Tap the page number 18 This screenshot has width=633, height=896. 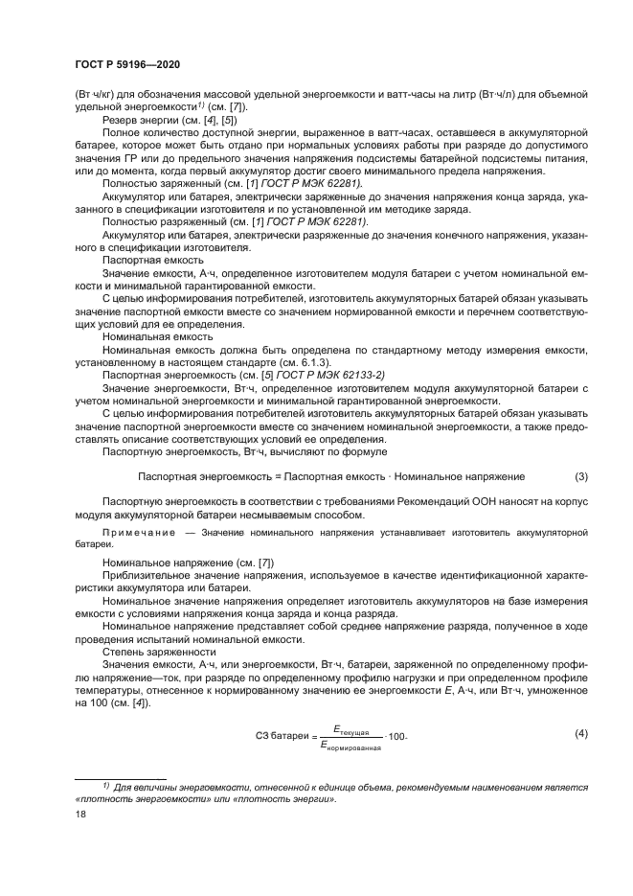(x=79, y=812)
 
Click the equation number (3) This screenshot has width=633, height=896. (x=580, y=475)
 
